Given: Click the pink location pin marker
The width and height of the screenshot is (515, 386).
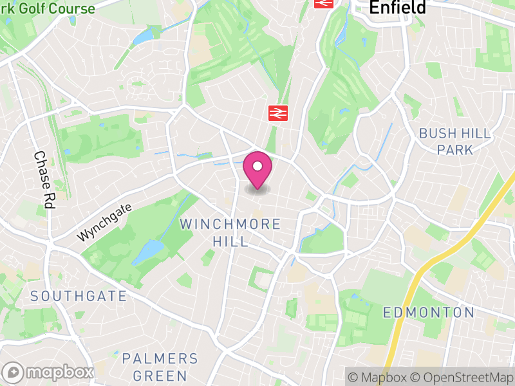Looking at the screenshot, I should click(x=257, y=170).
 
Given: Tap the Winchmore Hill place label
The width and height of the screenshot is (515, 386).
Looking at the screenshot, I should click(x=230, y=232).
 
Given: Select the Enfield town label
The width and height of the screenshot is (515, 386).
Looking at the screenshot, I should click(x=397, y=7).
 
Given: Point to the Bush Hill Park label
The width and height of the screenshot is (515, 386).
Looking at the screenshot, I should click(x=454, y=142).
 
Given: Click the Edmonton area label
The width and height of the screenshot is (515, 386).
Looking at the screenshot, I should click(x=428, y=313).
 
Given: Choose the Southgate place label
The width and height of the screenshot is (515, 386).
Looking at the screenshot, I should click(x=79, y=296).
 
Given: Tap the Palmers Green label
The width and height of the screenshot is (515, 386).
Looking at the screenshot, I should click(x=160, y=367).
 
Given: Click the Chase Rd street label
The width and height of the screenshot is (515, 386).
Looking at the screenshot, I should click(x=44, y=179).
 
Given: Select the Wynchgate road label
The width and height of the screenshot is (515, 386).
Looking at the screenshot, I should click(x=104, y=223).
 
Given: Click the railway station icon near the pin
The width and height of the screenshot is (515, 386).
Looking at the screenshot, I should click(x=277, y=113).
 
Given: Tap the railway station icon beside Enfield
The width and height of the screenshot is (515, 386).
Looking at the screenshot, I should click(x=323, y=3).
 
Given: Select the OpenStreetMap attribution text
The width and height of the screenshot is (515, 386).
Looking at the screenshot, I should click(x=460, y=377).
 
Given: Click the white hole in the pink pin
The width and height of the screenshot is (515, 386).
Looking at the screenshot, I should click(x=257, y=166).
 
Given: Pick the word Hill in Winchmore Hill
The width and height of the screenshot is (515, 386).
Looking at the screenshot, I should click(x=230, y=241).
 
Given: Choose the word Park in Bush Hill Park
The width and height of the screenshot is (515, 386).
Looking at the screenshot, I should click(x=454, y=150).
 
